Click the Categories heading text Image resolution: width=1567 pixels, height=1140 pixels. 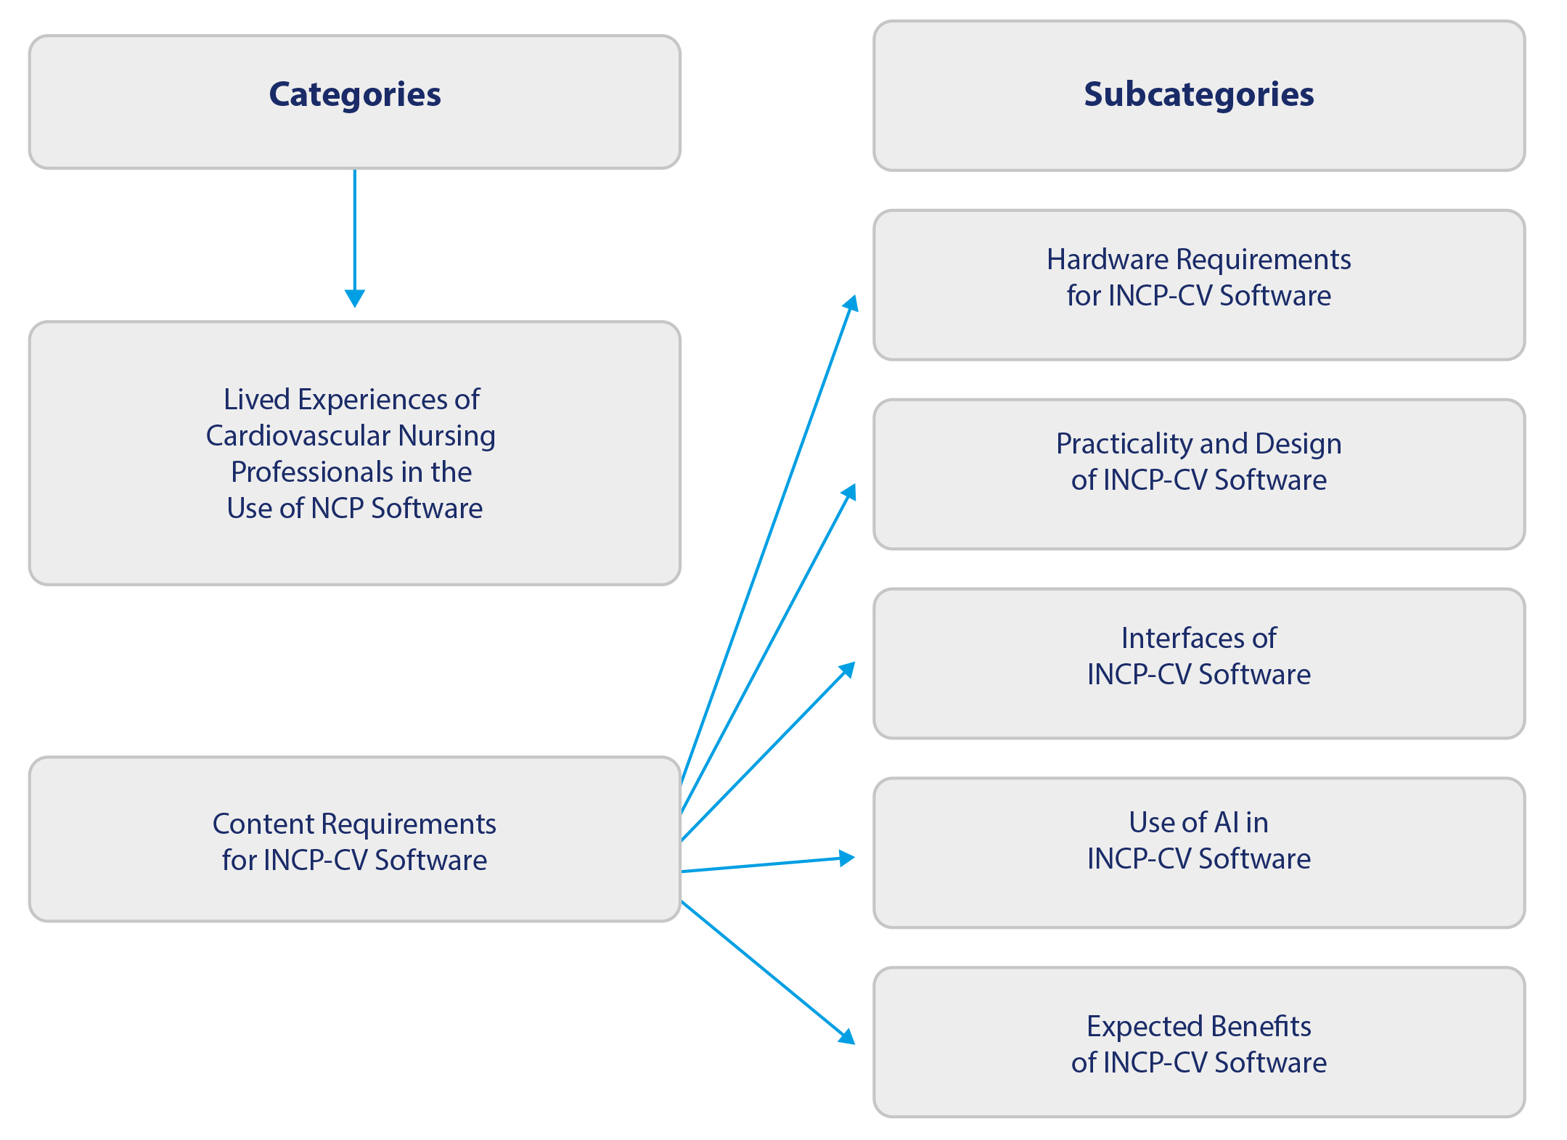355,94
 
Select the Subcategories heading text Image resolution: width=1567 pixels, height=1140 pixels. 1198,94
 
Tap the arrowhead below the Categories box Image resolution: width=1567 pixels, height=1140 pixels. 355,298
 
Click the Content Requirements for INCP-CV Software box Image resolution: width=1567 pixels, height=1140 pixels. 355,840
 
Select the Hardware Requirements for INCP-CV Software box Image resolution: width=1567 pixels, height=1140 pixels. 1198,285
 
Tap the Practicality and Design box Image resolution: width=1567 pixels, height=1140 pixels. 1198,474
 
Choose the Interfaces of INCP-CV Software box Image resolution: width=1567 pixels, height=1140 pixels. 1198,663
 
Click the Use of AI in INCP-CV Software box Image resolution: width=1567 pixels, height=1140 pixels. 1198,853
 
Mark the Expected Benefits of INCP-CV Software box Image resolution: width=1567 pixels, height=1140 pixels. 1198,1042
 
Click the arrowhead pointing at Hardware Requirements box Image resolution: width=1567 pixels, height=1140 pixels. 852,303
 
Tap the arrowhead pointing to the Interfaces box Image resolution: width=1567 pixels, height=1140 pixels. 848,670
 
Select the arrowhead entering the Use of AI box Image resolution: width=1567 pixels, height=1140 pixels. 847,858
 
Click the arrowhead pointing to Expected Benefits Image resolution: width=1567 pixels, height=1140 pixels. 847,1036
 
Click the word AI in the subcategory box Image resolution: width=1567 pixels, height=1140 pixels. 1227,822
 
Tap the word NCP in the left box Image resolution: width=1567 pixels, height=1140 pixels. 337,508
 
